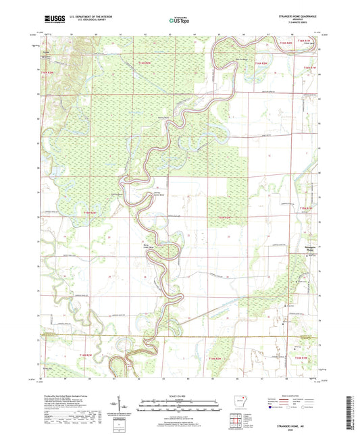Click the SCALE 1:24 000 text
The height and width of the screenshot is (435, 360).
pos(180,395)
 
